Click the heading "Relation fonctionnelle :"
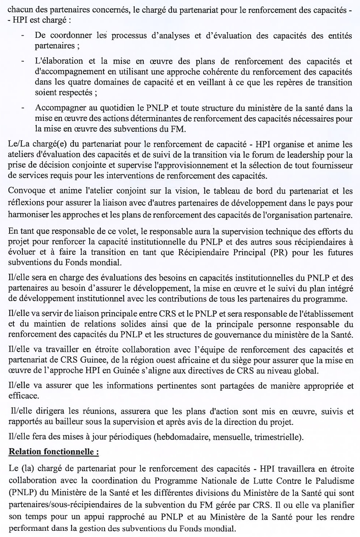(54, 453)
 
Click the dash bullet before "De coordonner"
(24, 36)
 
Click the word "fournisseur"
(334, 166)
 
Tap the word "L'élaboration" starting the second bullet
(54, 60)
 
